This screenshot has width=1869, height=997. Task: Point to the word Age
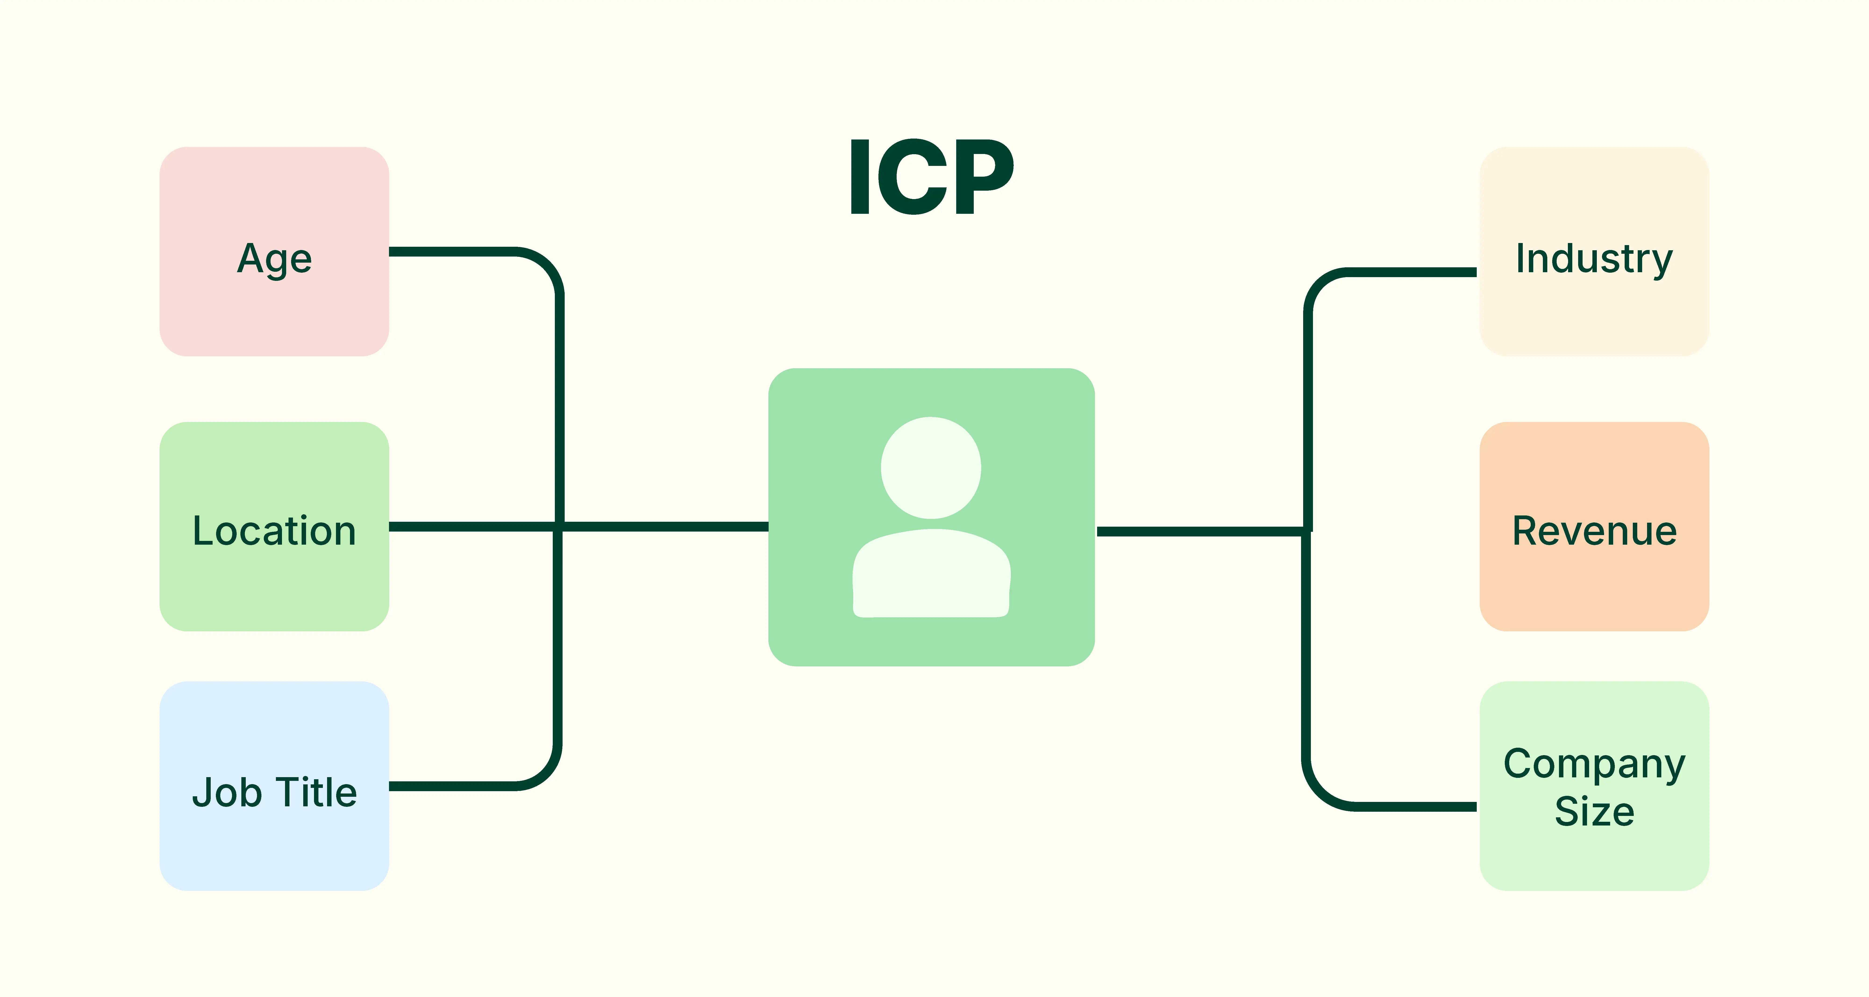(x=274, y=259)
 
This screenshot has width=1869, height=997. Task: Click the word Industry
(x=1594, y=259)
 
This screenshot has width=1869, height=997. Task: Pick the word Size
(x=1594, y=811)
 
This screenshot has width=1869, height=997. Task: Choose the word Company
(x=1594, y=764)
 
